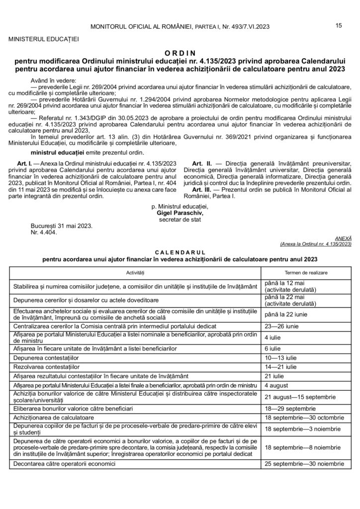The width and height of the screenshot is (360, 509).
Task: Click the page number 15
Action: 339,26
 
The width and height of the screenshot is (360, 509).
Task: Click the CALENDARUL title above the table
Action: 180,253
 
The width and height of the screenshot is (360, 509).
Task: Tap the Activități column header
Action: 134,273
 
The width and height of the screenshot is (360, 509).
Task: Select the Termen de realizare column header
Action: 303,273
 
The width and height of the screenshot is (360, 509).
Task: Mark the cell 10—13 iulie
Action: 281,358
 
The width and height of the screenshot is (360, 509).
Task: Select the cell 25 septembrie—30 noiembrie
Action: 304,464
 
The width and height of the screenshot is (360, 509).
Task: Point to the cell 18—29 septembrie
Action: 287,408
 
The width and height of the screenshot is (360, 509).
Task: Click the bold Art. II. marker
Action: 200,163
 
